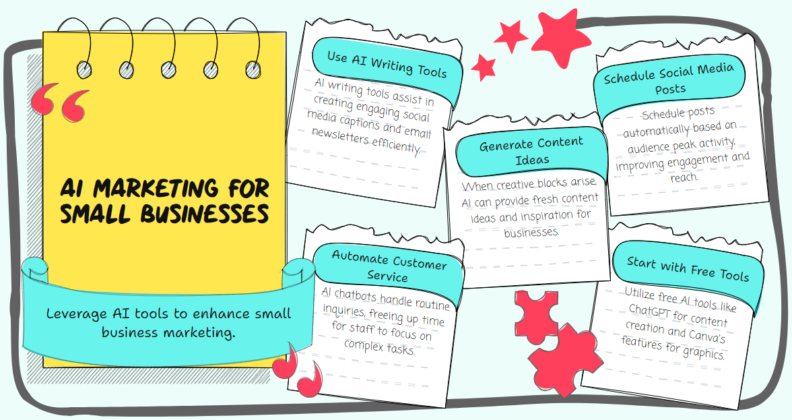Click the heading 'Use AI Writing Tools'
click(x=387, y=64)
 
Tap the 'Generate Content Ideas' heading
click(x=531, y=151)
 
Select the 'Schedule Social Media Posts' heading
click(x=669, y=79)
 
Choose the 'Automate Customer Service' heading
click(x=389, y=266)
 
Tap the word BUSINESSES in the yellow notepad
click(x=204, y=213)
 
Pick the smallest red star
click(x=484, y=67)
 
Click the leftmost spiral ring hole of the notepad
click(x=84, y=69)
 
